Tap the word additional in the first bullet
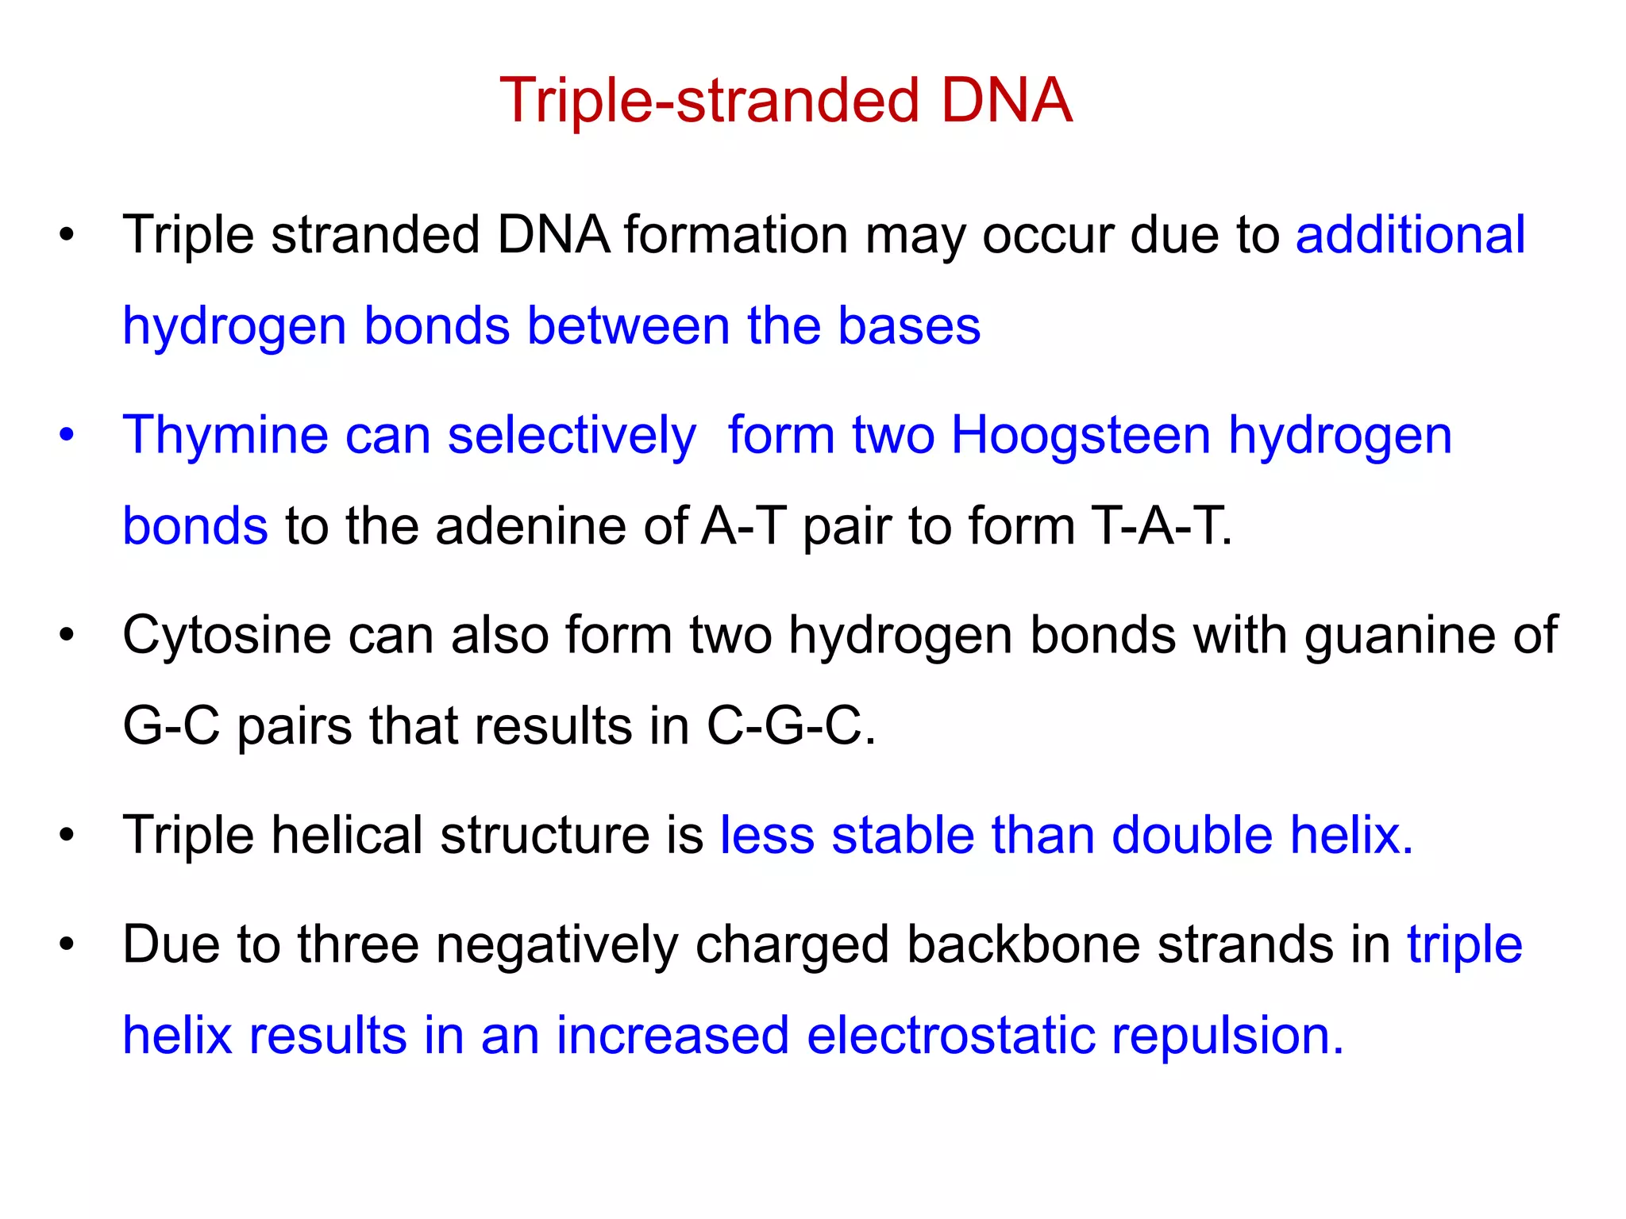click(x=1410, y=235)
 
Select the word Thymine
click(x=225, y=436)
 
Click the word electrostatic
click(x=950, y=1035)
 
